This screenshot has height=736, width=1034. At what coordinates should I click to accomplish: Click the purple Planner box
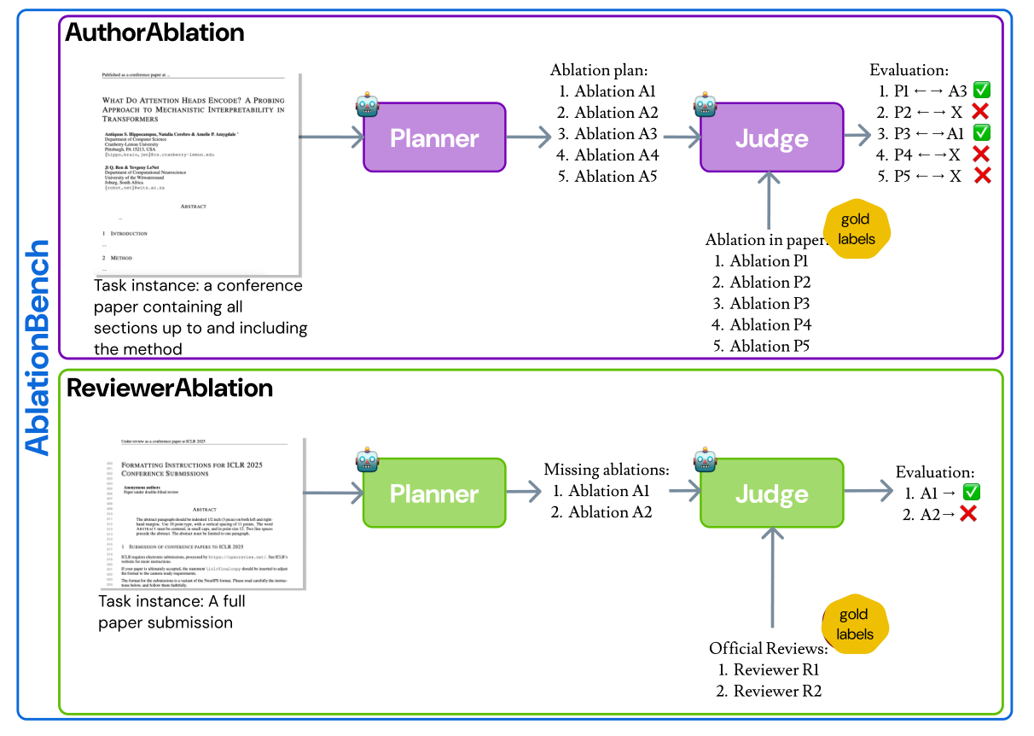(x=434, y=138)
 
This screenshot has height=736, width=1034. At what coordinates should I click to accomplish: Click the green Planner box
(x=434, y=494)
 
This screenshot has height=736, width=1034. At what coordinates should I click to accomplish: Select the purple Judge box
(x=771, y=138)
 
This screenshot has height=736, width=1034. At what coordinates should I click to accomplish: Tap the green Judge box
(x=771, y=494)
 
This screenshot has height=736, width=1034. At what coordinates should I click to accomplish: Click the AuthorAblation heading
(x=155, y=32)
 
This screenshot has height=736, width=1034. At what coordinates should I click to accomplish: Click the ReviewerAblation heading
(x=170, y=388)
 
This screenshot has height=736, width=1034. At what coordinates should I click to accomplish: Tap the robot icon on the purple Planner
(x=368, y=106)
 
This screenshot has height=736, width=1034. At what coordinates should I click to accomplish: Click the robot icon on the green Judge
(x=704, y=461)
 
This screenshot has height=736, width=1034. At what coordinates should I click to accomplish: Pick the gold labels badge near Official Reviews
(x=854, y=623)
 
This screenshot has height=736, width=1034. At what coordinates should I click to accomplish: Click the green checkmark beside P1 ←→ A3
(x=981, y=91)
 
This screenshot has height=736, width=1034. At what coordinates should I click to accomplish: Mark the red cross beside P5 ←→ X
(x=981, y=175)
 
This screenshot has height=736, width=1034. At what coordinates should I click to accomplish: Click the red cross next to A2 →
(x=967, y=513)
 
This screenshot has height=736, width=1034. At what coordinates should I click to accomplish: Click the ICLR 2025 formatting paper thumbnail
(x=202, y=513)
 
